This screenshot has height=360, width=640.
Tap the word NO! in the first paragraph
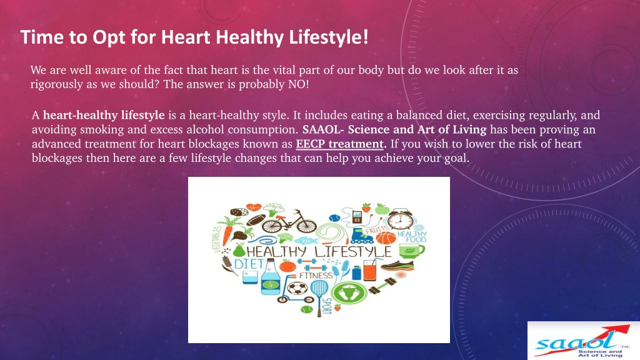298,84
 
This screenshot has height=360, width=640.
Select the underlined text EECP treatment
339,144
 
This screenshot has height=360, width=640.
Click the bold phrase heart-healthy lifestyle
104,116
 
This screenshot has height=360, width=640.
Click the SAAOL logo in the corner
583,341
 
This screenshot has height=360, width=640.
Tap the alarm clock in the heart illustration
400,219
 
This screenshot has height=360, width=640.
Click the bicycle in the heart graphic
289,222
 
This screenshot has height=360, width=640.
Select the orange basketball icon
386,238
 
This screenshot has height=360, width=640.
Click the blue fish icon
305,241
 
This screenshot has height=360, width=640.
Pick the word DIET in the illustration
249,264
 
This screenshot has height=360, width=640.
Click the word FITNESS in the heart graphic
316,276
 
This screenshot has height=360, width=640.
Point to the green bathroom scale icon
349,292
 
